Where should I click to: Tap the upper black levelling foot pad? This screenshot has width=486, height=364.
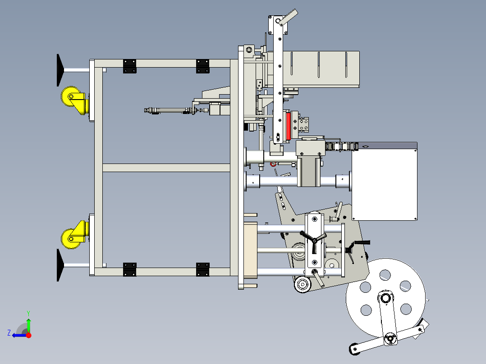tap(60, 70)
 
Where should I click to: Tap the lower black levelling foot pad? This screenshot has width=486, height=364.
tap(60, 265)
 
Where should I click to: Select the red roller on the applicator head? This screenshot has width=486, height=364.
tap(288, 126)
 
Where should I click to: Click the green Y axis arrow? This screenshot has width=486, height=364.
tap(28, 324)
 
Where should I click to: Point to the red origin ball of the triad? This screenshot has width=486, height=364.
tap(28, 335)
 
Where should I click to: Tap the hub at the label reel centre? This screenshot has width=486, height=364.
tap(385, 298)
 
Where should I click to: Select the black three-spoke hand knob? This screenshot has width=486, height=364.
tap(314, 241)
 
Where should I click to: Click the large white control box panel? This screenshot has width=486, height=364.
tap(384, 185)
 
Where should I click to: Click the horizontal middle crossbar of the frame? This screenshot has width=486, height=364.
tap(166, 168)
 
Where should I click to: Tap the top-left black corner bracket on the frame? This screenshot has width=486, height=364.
tap(129, 66)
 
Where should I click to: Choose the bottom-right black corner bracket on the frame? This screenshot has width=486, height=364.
tap(203, 269)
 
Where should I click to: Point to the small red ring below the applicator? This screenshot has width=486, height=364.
tap(273, 164)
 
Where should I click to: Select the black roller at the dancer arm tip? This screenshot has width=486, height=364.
tap(354, 349)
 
